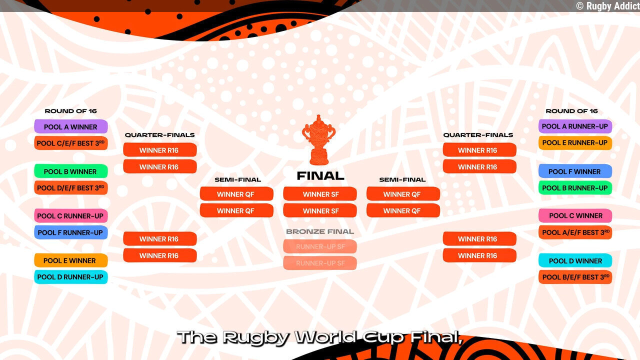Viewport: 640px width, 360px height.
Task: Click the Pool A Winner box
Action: tap(70, 127)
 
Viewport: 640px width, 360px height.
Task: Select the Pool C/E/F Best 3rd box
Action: tap(70, 143)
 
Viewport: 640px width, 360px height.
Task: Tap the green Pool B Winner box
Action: tap(70, 171)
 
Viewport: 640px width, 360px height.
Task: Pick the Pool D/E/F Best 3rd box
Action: tap(70, 188)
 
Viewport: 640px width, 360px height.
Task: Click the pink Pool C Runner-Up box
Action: tap(70, 216)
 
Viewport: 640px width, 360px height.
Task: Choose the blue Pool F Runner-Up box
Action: tap(70, 232)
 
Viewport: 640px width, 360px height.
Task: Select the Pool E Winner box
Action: tap(70, 260)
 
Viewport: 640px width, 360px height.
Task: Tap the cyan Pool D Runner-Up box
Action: tap(70, 277)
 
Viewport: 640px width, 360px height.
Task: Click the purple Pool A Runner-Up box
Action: tap(575, 126)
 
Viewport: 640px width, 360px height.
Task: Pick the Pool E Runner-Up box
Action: tap(575, 143)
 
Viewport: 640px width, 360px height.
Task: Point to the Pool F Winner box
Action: tap(575, 171)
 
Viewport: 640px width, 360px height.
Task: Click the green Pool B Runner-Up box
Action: tap(575, 188)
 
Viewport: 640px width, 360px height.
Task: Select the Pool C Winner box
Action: tap(575, 216)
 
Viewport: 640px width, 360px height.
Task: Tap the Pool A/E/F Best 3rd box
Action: tap(575, 232)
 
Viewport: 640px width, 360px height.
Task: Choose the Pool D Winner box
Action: tap(575, 260)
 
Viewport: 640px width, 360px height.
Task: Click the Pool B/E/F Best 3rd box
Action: tap(575, 277)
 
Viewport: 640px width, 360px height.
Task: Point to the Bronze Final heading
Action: tap(320, 231)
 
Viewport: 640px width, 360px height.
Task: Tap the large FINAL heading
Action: tap(320, 176)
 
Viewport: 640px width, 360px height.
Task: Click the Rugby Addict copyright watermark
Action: tap(607, 6)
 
